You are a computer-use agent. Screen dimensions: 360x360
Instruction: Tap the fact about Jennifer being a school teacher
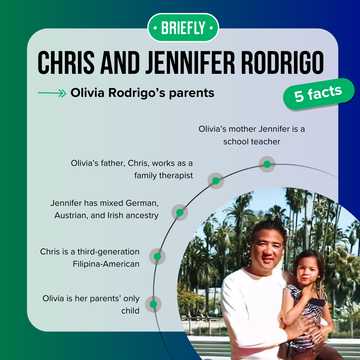(239, 135)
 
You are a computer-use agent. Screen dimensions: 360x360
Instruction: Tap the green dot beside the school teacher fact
(266, 163)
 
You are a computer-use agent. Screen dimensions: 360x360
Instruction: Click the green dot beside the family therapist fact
(215, 180)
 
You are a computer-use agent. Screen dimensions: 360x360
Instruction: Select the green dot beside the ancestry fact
(179, 212)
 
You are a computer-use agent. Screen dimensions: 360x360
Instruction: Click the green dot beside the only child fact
(153, 302)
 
